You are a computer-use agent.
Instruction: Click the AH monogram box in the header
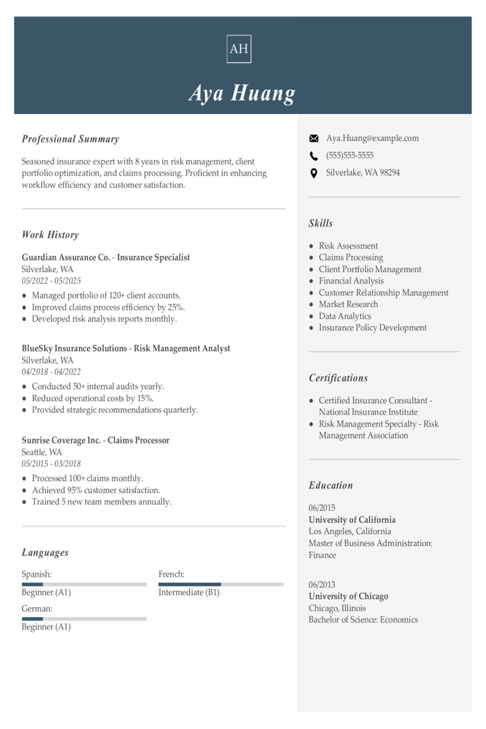239,49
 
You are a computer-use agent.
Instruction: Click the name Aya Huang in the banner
242,93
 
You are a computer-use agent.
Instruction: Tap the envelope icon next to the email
313,139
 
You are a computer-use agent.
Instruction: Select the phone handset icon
313,156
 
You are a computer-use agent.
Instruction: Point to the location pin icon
313,173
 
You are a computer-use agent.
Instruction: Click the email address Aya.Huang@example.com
372,139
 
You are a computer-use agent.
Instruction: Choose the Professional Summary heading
70,139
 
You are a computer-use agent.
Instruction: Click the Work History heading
50,235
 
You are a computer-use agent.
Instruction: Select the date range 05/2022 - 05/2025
51,281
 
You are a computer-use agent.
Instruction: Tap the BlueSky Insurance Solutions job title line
126,349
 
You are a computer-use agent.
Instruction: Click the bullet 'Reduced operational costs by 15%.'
92,399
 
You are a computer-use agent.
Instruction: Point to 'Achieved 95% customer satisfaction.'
96,490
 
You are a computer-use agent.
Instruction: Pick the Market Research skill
348,304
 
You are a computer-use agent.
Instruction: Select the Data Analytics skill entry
345,316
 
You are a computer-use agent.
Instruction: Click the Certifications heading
338,378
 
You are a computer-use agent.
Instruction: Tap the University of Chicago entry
348,596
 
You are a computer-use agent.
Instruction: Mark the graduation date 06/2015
322,508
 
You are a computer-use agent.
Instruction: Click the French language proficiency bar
221,584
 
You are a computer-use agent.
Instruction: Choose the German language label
37,609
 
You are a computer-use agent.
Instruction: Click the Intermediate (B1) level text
189,593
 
